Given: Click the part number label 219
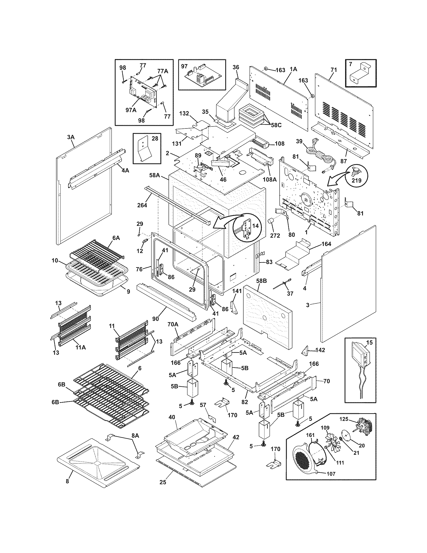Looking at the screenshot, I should [x=356, y=181].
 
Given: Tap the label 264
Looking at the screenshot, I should [x=142, y=205].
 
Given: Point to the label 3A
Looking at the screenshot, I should [x=71, y=137].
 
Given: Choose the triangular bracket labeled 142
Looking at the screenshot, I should [x=305, y=350].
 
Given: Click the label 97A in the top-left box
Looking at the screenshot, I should [x=131, y=110].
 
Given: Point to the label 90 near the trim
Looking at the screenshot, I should [x=155, y=319].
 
